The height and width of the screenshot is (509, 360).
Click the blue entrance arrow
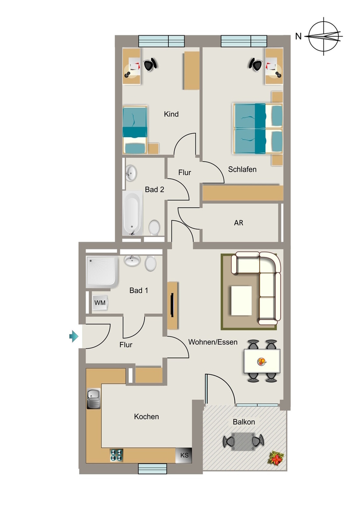[74, 337]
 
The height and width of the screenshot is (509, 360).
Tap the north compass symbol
[325, 36]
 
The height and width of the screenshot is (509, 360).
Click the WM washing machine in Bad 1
[99, 303]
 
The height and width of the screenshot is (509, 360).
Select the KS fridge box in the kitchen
[184, 455]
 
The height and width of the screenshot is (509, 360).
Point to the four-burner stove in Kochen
[116, 455]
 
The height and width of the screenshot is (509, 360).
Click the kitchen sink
[94, 399]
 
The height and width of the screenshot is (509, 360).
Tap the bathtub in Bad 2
[132, 213]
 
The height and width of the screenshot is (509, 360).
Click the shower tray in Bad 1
[102, 271]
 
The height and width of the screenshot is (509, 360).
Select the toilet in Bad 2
[155, 227]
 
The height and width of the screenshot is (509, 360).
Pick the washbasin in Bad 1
[132, 260]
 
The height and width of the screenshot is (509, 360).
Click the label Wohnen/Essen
[213, 342]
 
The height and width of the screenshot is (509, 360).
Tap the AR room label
[239, 223]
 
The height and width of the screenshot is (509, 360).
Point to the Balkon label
[244, 422]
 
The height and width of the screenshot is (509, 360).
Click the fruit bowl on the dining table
[262, 361]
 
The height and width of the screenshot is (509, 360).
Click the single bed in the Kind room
[135, 130]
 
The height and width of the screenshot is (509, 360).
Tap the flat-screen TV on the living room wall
[173, 305]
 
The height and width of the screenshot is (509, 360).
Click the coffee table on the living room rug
[241, 300]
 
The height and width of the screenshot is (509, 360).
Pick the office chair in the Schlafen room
[256, 64]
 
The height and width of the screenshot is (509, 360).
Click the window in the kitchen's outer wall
[153, 468]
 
